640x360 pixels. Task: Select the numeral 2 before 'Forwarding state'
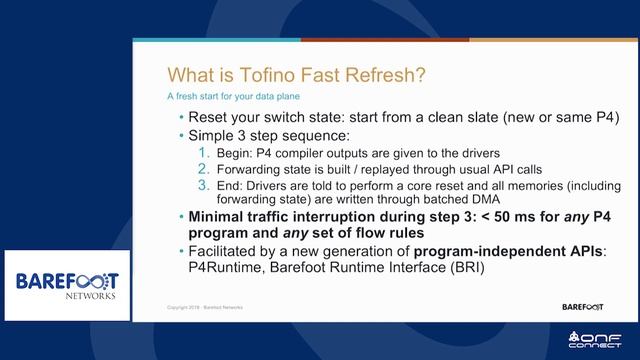[x=204, y=169]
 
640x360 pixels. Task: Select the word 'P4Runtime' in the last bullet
[x=218, y=268]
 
